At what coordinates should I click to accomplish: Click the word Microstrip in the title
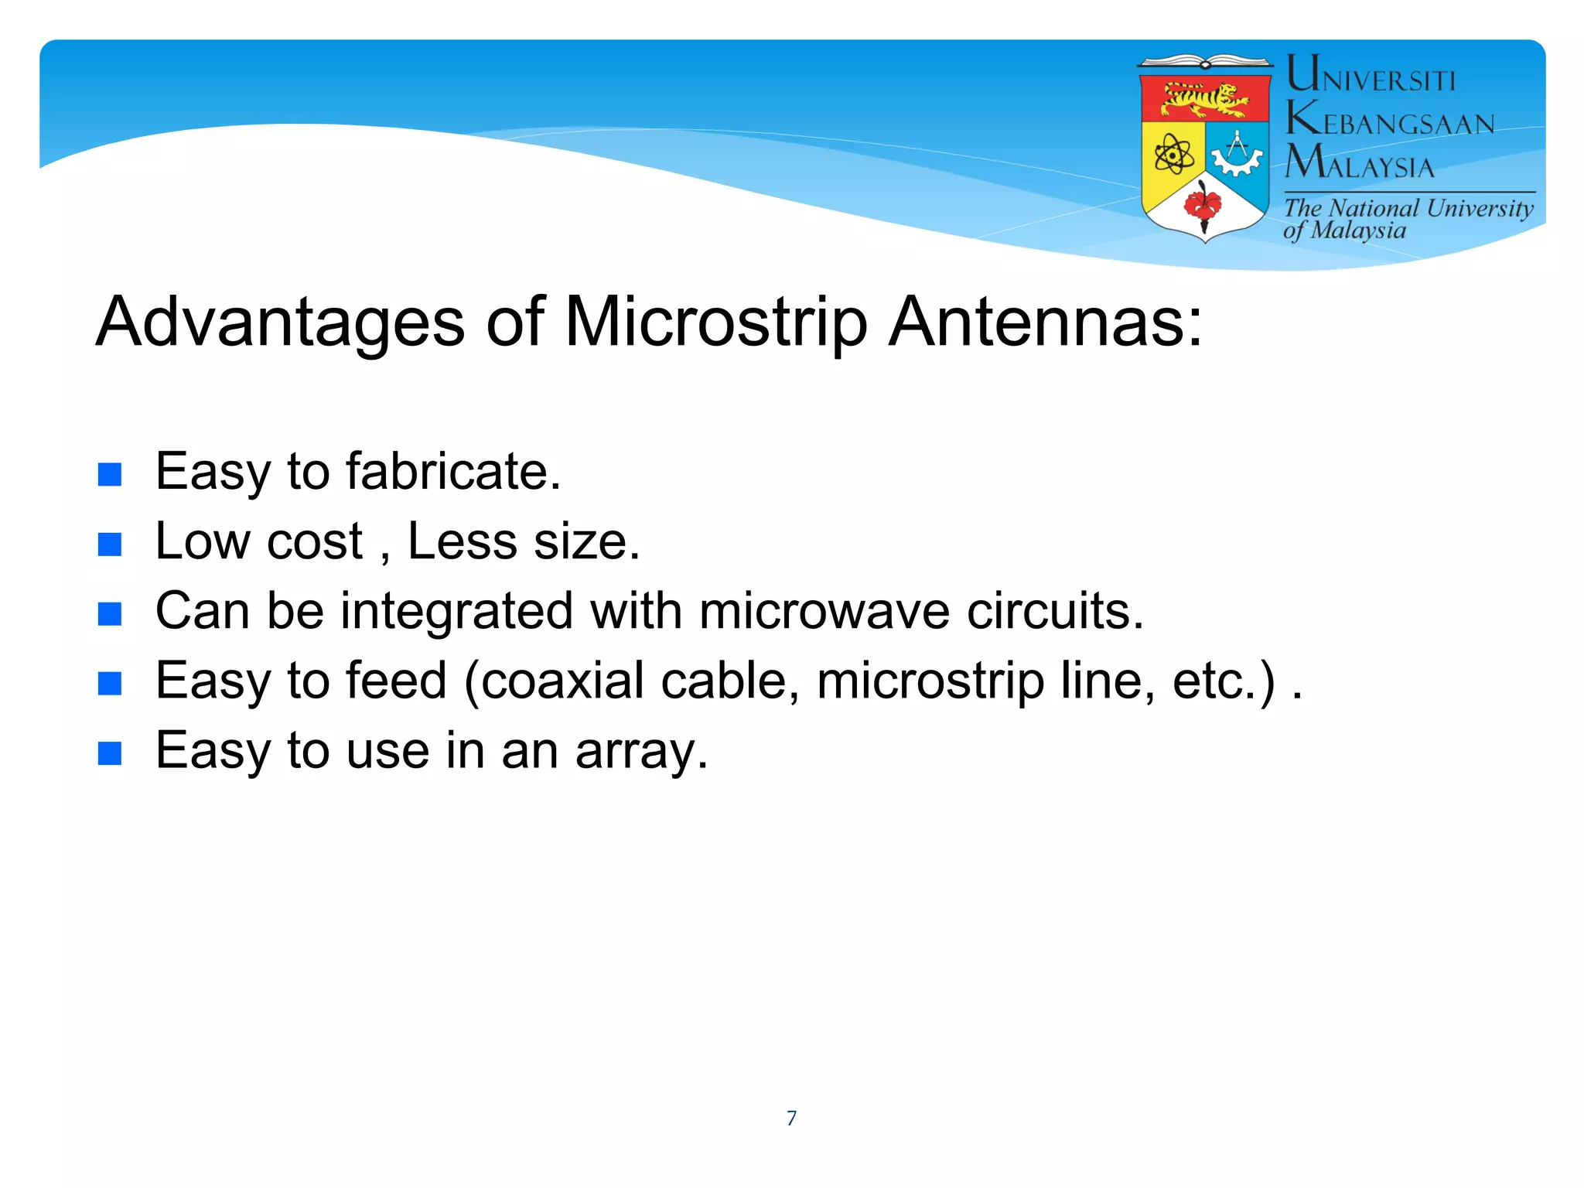coord(716,323)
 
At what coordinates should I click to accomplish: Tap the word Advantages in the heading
coord(280,323)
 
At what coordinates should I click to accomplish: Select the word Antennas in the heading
coord(1046,322)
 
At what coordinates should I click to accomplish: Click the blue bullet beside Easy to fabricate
coord(110,474)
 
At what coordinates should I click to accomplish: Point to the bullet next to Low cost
coord(110,544)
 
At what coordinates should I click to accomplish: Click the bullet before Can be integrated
coord(110,614)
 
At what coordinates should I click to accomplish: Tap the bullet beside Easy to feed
coord(110,684)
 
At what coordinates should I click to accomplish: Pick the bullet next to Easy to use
coord(110,753)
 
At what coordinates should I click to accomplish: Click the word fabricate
coord(452,472)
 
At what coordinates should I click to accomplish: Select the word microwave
coord(824,612)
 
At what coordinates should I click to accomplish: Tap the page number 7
coord(791,1118)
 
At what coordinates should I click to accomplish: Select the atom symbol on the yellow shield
coord(1173,155)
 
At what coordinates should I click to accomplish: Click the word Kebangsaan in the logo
coord(1391,120)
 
